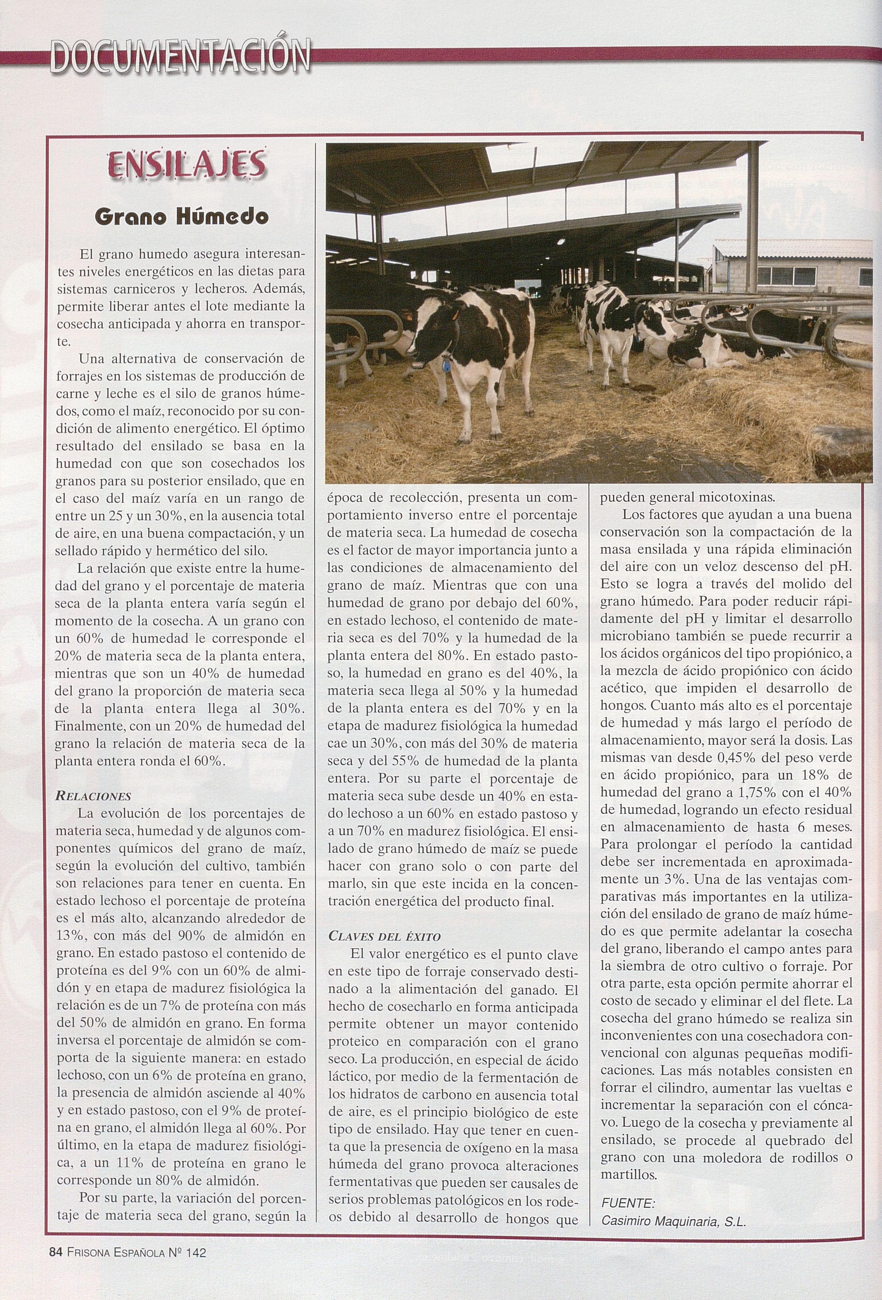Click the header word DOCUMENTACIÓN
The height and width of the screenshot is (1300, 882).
pos(180,56)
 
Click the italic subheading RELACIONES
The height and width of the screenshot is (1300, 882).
pos(94,796)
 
